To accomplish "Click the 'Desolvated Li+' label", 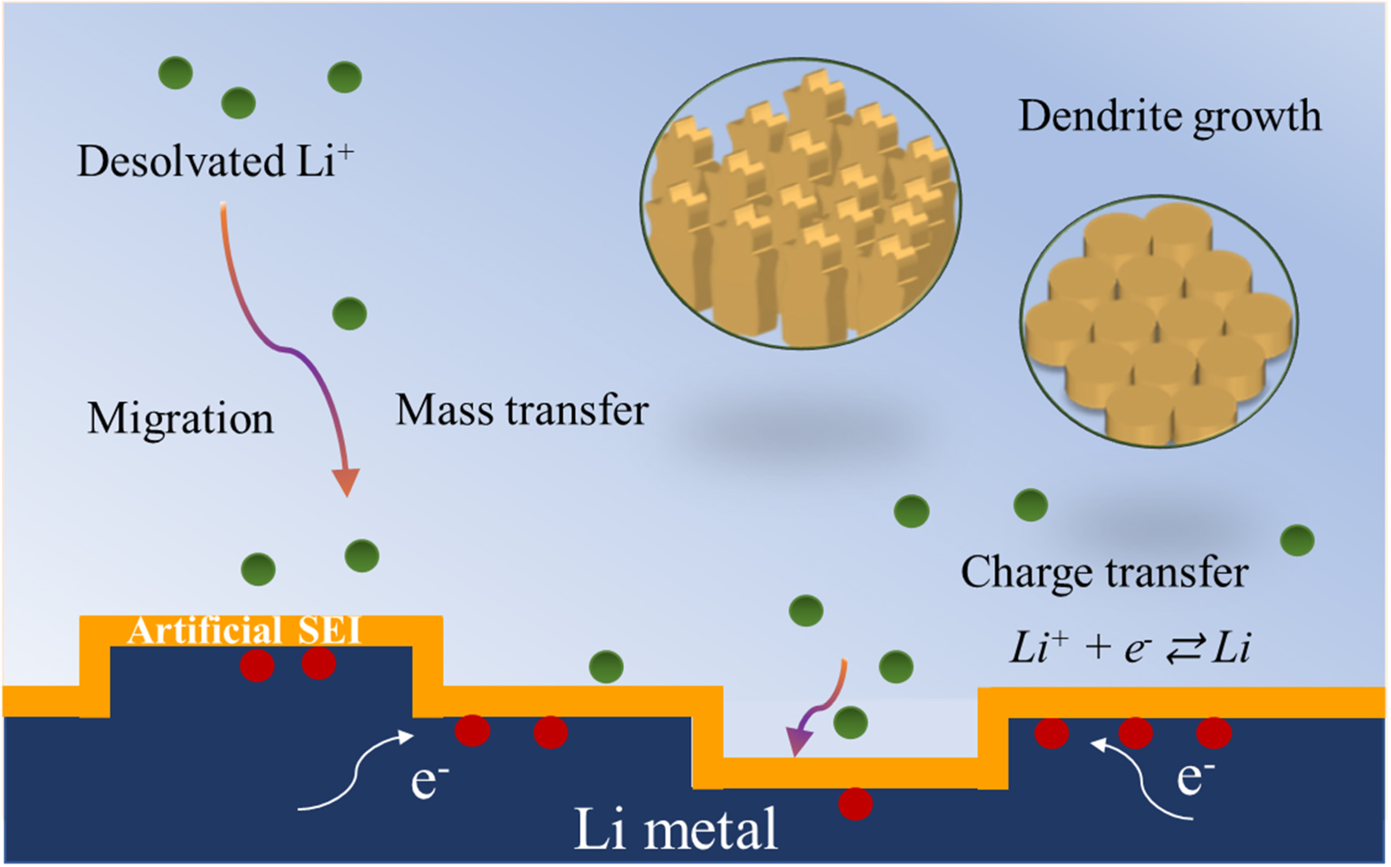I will point(214,161).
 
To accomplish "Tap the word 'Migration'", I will point(181,418).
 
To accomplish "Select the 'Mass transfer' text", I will point(522,410).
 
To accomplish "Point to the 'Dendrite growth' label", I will point(1169,116).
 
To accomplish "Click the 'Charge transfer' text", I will point(1104,572).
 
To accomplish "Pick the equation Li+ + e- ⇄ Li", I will point(1130,648).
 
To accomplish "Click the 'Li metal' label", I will point(675,829).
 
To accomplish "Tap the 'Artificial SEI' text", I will point(245,631).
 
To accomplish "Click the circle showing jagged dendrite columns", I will point(800,204).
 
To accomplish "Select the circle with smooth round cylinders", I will point(1159,321).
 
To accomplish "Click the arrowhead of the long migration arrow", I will point(346,481).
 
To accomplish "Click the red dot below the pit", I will point(855,803).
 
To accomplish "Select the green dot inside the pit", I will point(851,723).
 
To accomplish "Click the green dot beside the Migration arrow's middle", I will point(349,314).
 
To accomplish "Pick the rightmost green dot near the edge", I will point(1297,540).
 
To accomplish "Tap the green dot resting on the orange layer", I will point(606,667).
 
